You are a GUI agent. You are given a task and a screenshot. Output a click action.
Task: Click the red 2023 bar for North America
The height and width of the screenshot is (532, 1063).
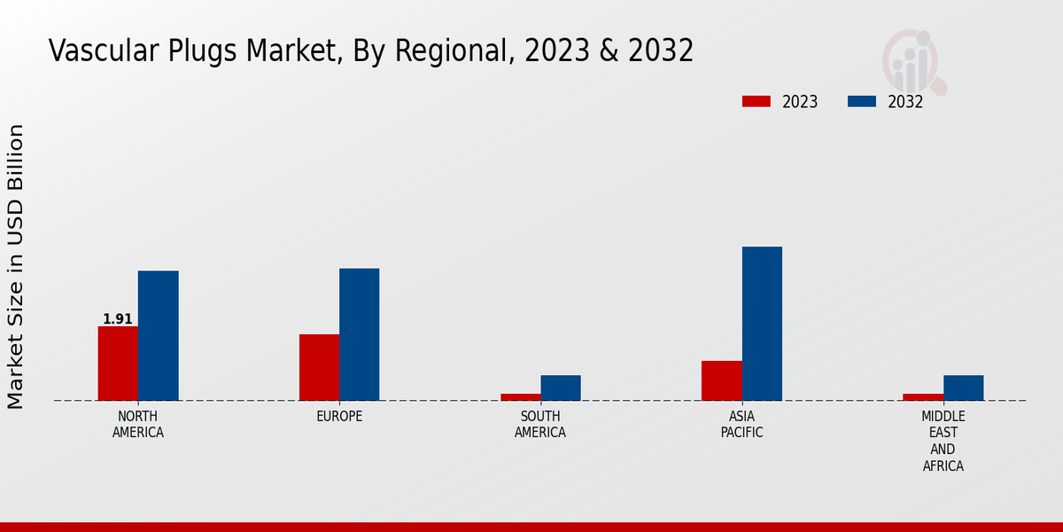click(x=118, y=364)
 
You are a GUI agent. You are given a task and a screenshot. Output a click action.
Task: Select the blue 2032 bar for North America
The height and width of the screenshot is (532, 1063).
click(x=158, y=335)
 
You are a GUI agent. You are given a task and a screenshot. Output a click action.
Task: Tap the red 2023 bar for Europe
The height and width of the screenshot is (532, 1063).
click(x=319, y=367)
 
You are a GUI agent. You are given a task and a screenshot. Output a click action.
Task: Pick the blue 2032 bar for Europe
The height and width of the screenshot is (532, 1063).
click(x=359, y=334)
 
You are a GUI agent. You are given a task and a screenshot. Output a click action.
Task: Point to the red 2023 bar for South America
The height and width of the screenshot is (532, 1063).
click(x=520, y=396)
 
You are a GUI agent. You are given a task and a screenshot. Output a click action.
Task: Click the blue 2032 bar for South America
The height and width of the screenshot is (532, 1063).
click(x=561, y=387)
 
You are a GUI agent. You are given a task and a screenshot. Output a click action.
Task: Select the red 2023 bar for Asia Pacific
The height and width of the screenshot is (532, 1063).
click(x=721, y=380)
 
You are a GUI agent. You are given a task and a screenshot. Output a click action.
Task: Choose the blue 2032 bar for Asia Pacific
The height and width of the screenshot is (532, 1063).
click(x=762, y=324)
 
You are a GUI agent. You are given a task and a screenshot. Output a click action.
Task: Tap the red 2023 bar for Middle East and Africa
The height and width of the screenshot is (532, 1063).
click(x=923, y=396)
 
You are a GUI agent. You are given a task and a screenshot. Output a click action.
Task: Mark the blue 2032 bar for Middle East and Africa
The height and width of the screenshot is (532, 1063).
click(x=963, y=387)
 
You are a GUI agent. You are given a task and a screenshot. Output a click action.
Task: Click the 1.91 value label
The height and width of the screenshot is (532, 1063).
click(x=118, y=319)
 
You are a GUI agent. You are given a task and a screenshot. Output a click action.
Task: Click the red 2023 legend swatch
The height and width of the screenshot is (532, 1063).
click(x=756, y=101)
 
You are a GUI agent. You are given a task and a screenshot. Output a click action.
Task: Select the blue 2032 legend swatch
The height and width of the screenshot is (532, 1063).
click(x=861, y=101)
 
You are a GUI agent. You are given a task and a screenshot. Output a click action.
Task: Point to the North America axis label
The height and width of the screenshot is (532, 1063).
click(x=138, y=425)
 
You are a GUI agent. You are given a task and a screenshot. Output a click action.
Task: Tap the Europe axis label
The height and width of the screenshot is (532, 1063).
click(x=339, y=417)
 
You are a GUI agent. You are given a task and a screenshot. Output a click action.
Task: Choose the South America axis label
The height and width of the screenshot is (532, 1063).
click(x=540, y=425)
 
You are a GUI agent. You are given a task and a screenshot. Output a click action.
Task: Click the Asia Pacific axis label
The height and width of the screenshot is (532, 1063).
click(x=741, y=425)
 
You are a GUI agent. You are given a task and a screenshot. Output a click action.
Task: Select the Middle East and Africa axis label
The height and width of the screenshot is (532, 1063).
click(x=943, y=442)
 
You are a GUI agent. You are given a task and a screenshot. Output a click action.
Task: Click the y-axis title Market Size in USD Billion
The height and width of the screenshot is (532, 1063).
click(x=16, y=266)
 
